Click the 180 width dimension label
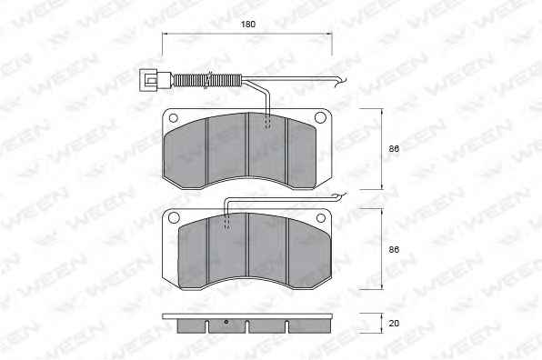tap(248, 25)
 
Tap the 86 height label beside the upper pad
tap(394, 149)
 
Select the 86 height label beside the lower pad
tap(394, 249)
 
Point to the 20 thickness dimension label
tap(394, 323)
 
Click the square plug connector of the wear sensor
tap(148, 81)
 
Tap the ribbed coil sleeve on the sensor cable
tap(207, 81)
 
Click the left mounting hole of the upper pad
tap(173, 118)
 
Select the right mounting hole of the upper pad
tap(320, 117)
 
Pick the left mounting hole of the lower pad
tap(174, 217)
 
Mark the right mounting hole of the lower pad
tap(321, 217)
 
